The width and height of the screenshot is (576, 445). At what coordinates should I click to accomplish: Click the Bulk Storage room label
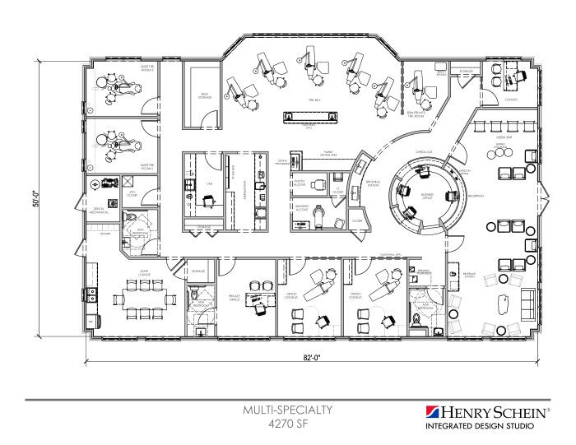(203, 96)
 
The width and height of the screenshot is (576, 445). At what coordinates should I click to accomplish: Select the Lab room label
(209, 184)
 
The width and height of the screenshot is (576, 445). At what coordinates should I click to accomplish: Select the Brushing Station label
(374, 184)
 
